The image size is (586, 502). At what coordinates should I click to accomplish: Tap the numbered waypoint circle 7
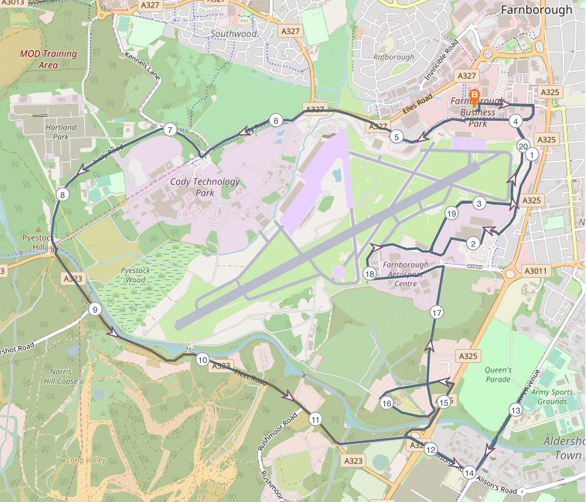(169, 130)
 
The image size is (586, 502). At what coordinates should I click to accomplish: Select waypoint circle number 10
(202, 360)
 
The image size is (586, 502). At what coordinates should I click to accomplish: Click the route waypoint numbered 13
(515, 411)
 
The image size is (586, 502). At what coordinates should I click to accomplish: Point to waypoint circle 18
(370, 274)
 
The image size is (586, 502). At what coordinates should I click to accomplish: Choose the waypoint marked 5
(397, 137)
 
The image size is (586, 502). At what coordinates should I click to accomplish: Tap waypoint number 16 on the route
(387, 403)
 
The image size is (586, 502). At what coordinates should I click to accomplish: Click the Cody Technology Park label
(205, 187)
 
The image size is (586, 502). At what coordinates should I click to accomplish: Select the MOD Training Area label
(48, 59)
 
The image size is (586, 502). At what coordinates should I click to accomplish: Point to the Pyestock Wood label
(135, 275)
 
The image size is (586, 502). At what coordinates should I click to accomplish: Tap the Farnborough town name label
(536, 10)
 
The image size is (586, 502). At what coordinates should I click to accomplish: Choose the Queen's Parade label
(498, 374)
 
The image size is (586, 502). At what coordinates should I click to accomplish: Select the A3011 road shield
(536, 271)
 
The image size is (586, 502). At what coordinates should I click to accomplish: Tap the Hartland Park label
(61, 132)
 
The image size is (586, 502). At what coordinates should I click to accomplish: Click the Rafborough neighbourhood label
(394, 57)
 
